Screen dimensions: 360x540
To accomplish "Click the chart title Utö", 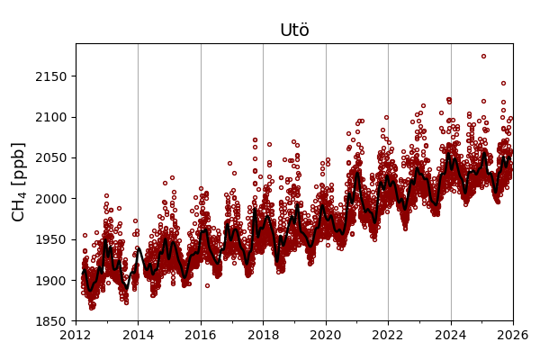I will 294,31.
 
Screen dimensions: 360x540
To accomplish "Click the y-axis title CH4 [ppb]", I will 20,181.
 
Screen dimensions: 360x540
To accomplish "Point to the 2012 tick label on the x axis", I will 76,336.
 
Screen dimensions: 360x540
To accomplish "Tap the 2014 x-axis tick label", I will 138,336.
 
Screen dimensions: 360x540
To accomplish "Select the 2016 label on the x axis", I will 201,336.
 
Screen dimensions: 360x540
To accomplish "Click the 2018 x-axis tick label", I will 263,336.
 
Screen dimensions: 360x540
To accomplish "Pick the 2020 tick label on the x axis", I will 326,336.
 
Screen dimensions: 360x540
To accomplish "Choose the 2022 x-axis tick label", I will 388,336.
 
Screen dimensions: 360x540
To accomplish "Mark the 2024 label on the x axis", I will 451,336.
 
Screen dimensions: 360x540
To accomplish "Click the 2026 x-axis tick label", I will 513,336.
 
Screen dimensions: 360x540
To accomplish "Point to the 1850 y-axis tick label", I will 53,321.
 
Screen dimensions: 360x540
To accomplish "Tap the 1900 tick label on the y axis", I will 53,280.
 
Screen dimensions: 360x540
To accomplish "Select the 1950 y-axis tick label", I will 53,239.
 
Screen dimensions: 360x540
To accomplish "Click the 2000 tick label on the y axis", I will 53,198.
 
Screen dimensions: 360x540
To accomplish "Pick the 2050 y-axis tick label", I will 53,157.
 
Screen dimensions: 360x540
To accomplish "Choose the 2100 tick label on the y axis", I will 53,117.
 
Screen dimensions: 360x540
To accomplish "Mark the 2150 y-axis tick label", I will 53,76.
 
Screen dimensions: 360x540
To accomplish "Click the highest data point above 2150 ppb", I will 483,56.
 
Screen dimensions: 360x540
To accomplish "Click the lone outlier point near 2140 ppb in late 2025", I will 503,83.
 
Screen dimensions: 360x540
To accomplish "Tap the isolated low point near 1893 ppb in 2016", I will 207,285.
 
